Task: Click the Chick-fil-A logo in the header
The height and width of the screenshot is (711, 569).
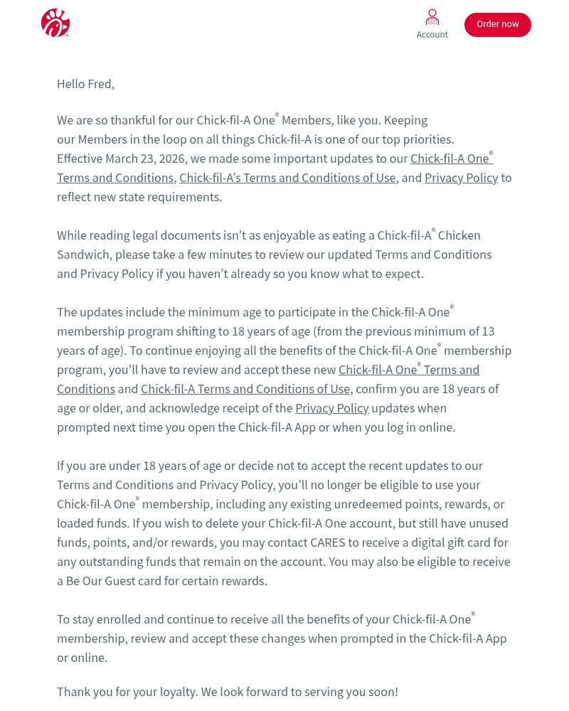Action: pos(55,23)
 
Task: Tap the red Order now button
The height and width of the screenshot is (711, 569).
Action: pos(497,24)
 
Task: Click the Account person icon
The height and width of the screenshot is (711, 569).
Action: pos(432,17)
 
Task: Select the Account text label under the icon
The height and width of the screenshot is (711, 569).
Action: pos(432,35)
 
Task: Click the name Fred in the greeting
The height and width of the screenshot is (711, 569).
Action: pos(99,84)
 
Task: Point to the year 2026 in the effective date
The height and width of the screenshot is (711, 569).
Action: pos(171,159)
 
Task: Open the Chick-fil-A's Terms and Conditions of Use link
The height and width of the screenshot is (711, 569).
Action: pos(287,178)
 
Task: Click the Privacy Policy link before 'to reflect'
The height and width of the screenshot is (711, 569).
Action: pos(461,178)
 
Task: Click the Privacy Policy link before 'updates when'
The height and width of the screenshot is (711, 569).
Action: pos(331,408)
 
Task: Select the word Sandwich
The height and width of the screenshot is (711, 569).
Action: pos(83,255)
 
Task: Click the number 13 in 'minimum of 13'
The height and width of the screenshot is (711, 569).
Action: pos(488,331)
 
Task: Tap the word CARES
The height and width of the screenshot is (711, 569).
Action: pos(327,542)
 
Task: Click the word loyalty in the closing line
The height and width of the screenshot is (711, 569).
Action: pos(176,692)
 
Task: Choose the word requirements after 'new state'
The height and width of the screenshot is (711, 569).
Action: pos(186,197)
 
